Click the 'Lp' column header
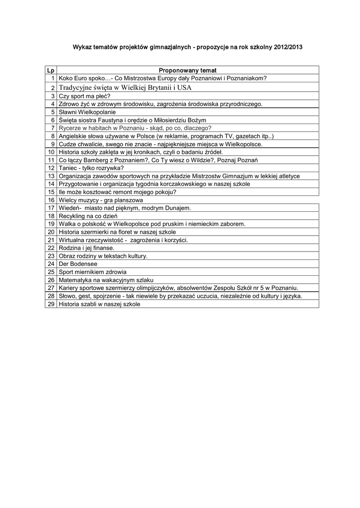pos(51,70)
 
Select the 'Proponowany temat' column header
pos(187,70)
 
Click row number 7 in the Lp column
pos(52,127)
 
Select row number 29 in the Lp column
pos(51,304)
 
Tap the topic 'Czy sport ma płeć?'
pos(84,96)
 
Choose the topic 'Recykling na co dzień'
pos(88,216)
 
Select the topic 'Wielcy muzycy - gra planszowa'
pos(97,200)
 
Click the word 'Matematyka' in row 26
pos(74,280)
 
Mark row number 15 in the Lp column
pos(51,192)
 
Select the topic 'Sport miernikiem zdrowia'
pos(92,272)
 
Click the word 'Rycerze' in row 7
pos(70,127)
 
